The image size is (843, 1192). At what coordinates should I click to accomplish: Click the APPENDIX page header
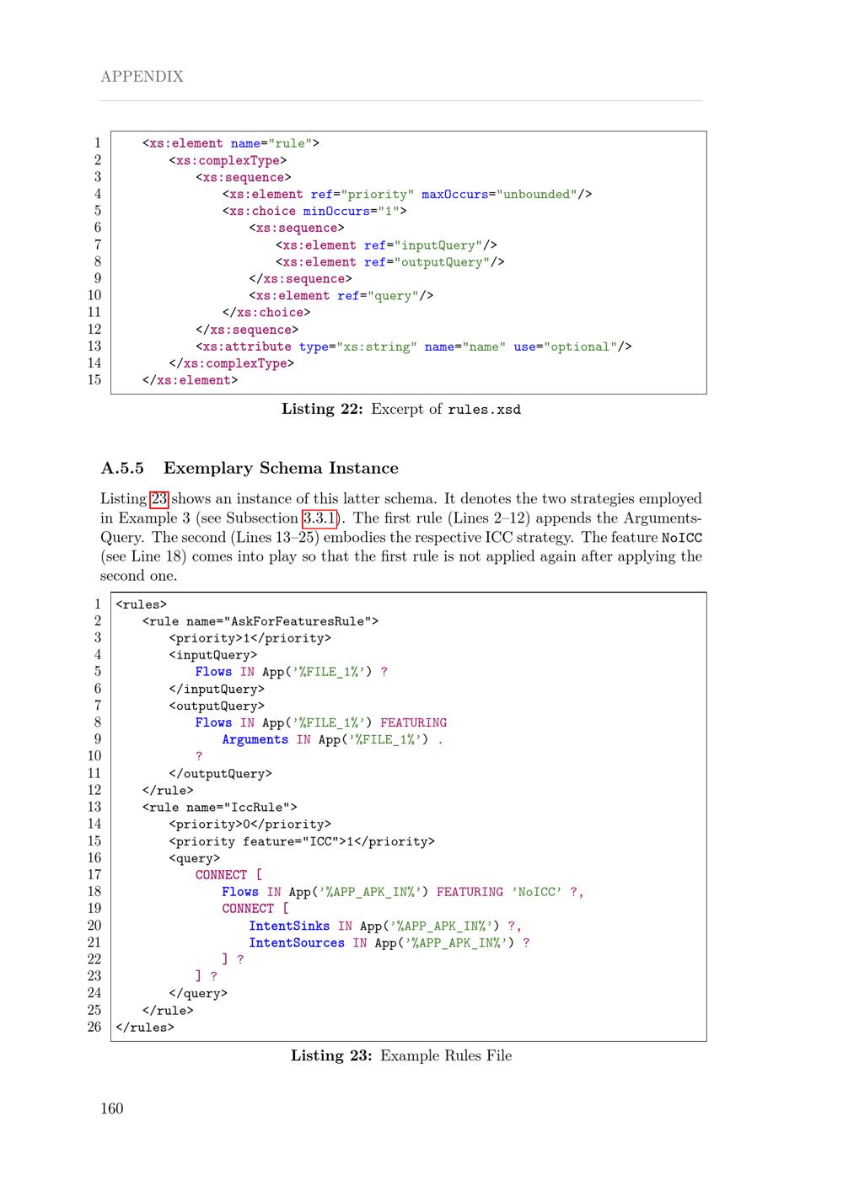click(142, 77)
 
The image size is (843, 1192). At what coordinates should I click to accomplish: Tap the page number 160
click(112, 1108)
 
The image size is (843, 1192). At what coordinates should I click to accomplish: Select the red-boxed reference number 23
click(158, 499)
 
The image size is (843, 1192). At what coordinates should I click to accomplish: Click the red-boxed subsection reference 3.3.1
click(319, 518)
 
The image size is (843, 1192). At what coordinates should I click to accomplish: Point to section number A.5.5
click(122, 469)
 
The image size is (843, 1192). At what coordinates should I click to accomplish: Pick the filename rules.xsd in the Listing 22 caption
click(484, 410)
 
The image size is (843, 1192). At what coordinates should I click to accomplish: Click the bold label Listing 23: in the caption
click(331, 1055)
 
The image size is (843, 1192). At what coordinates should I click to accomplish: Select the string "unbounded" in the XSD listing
click(536, 195)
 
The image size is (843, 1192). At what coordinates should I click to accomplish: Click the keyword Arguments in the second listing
click(255, 739)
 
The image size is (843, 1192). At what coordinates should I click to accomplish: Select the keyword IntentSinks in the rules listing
click(289, 926)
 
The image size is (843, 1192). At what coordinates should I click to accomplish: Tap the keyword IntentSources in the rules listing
click(297, 942)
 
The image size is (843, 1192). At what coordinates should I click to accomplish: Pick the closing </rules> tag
click(145, 1027)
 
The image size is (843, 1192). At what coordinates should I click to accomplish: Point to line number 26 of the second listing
click(94, 1027)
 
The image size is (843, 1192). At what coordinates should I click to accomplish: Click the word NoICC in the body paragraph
click(682, 538)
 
